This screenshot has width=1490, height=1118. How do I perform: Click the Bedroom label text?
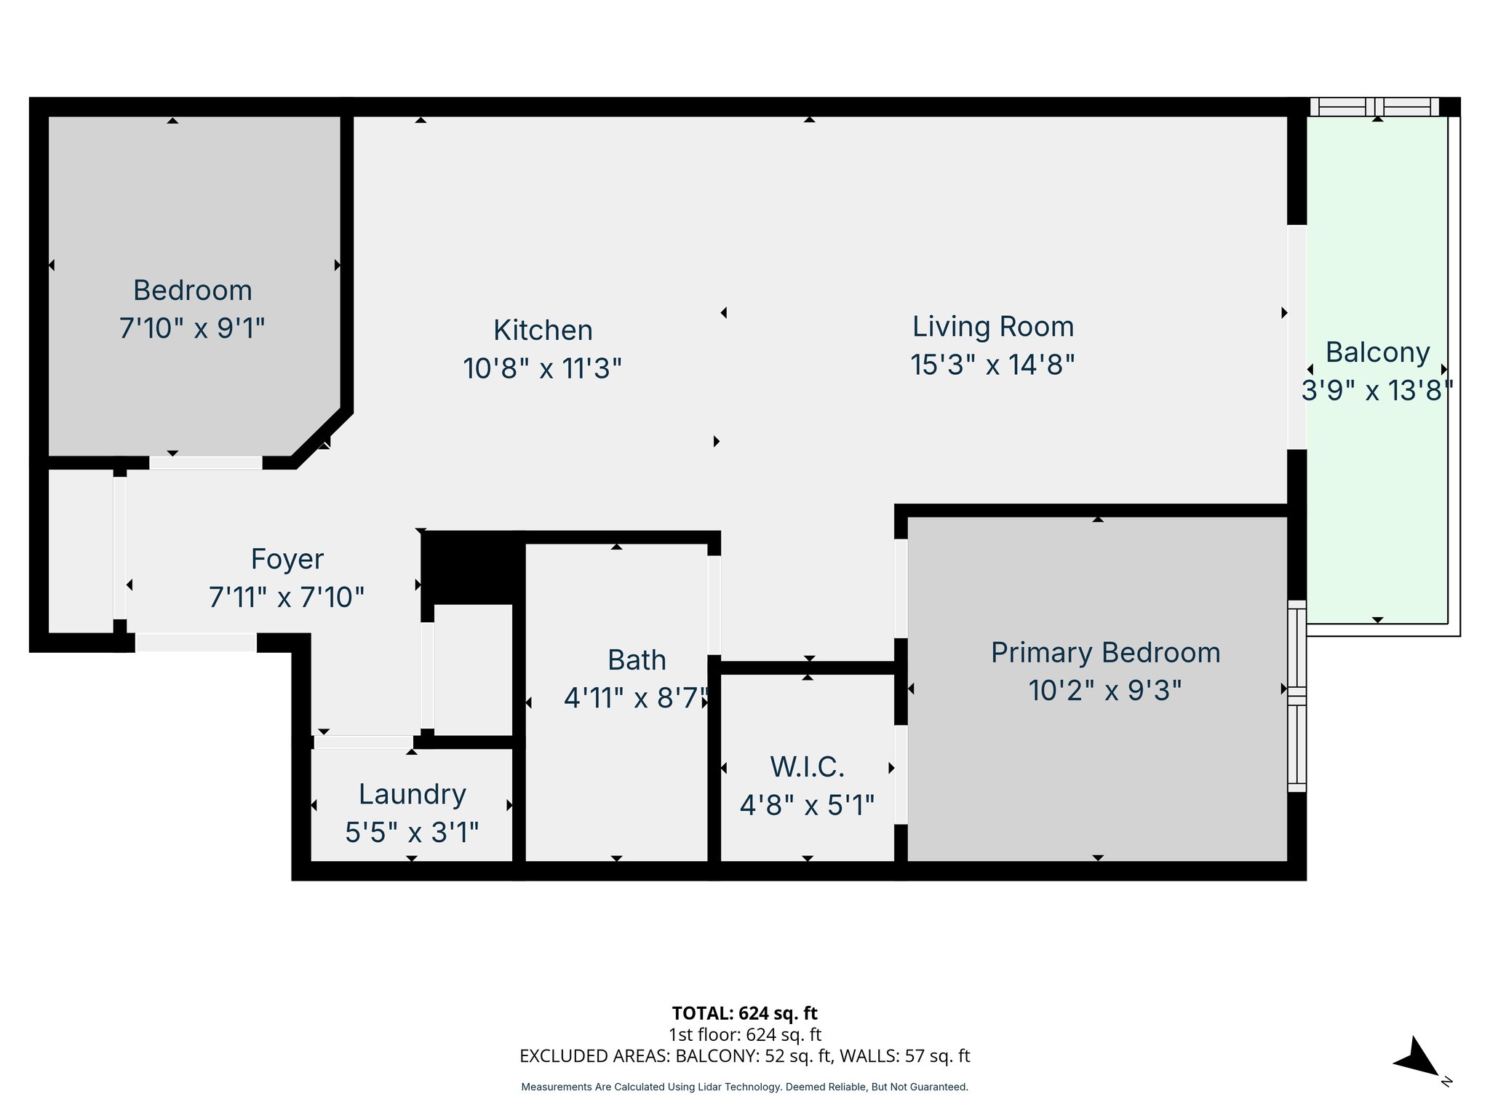coord(192,290)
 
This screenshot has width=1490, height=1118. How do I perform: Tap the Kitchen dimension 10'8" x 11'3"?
coord(542,368)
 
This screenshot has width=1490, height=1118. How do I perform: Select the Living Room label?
coord(993,327)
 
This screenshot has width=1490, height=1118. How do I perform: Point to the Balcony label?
coord(1377,352)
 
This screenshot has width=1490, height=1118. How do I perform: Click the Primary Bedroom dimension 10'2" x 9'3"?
coord(1104,690)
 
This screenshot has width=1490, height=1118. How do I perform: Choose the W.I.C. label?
coord(807,767)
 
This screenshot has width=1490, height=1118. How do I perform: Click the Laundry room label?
coord(412,794)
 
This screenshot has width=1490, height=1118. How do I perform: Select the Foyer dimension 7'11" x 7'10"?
coord(286,598)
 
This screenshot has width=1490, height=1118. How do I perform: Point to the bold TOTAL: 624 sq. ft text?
coord(744,1013)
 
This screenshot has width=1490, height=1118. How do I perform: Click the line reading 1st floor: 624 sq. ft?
coord(744,1034)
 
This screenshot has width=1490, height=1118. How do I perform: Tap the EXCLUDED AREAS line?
coord(744,1056)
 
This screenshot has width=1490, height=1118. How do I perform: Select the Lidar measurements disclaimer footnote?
coord(744,1087)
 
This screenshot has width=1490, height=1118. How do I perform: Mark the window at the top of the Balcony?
coord(1374,107)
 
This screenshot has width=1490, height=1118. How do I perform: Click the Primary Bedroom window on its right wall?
coord(1296,696)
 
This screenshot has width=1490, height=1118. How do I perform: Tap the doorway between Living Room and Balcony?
coord(1296,337)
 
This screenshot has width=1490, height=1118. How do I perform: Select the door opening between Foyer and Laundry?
coord(364,742)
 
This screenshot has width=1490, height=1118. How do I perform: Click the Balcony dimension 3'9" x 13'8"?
coord(1377,391)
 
